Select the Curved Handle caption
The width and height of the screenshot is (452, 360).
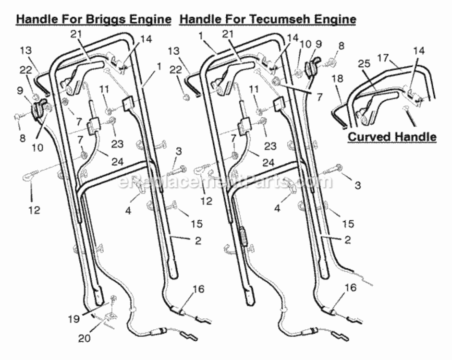[x=392, y=136]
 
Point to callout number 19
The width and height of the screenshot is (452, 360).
[x=74, y=319]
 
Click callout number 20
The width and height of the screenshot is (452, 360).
[x=84, y=338]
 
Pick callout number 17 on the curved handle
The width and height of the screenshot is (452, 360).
[x=383, y=59]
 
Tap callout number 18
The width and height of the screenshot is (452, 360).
[x=337, y=78]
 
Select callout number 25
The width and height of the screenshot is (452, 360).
[x=364, y=63]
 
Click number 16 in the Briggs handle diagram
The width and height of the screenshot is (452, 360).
[x=198, y=289]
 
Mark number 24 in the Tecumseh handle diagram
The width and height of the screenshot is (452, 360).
[x=268, y=162]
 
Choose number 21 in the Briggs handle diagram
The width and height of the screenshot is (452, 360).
[x=76, y=35]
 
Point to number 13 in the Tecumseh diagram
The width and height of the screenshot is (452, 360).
[x=174, y=51]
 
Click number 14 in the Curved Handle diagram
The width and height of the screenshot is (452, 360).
[x=419, y=51]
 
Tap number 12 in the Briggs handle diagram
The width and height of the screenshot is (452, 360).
[x=34, y=210]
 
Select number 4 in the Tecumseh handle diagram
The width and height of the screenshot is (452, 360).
[x=277, y=208]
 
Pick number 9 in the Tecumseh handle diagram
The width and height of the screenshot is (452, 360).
[x=318, y=44]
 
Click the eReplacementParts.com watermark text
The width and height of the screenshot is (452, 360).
[x=225, y=181]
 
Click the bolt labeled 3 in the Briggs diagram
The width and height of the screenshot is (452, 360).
[x=176, y=170]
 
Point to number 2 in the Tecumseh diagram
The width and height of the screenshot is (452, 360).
[x=348, y=240]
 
